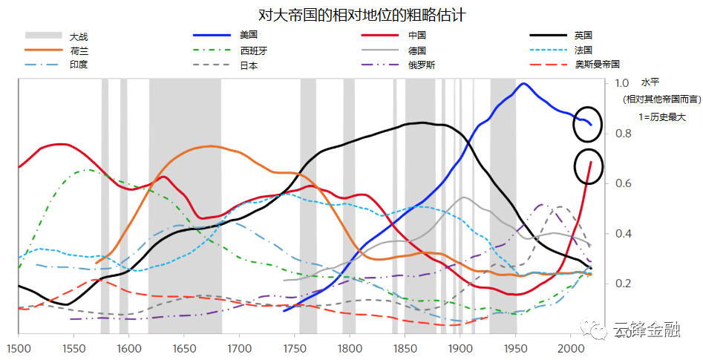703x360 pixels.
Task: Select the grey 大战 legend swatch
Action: pos(42,36)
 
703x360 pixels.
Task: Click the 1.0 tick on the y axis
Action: pos(622,83)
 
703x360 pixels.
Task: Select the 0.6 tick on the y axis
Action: pos(622,183)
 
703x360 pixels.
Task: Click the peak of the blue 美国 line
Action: pos(523,84)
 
